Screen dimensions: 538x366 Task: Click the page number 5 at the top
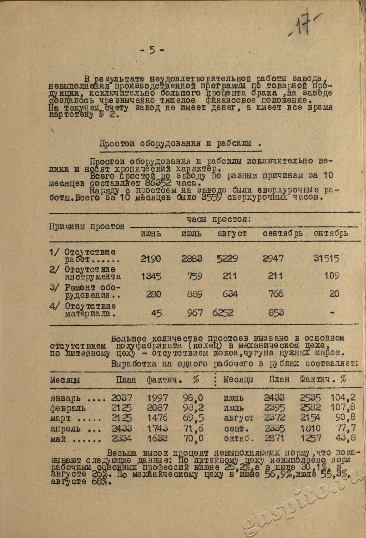(x=152, y=50)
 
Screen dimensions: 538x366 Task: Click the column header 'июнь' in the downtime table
(x=151, y=234)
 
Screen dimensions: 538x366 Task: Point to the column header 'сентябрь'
(x=282, y=234)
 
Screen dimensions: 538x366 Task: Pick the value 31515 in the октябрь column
(x=326, y=259)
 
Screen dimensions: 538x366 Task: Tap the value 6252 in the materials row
(x=223, y=313)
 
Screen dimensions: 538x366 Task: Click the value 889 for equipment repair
(x=195, y=294)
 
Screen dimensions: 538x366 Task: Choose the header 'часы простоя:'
(x=218, y=219)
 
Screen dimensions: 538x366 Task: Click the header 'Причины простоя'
(x=86, y=227)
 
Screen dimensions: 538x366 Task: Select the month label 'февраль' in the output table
(x=68, y=408)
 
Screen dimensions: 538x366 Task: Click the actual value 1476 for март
(x=157, y=418)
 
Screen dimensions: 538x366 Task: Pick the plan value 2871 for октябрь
(x=274, y=439)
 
